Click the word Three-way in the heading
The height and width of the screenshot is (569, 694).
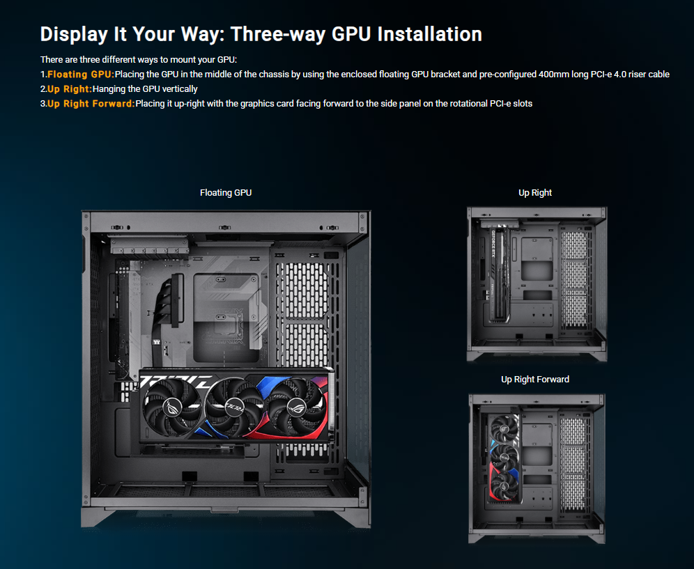pos(278,34)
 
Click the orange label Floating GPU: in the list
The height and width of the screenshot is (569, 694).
pos(81,75)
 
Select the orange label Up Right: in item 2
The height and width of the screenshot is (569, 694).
pos(70,89)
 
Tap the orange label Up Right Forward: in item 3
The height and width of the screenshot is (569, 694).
pos(91,104)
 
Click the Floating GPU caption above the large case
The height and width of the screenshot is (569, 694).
pos(226,192)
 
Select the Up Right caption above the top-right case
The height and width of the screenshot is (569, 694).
pos(535,192)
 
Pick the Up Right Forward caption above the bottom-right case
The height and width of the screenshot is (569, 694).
pos(535,379)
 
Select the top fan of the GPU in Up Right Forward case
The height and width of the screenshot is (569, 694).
pos(504,429)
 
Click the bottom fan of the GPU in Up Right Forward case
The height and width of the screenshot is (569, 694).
pos(504,486)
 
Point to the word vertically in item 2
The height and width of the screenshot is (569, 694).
pos(180,89)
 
